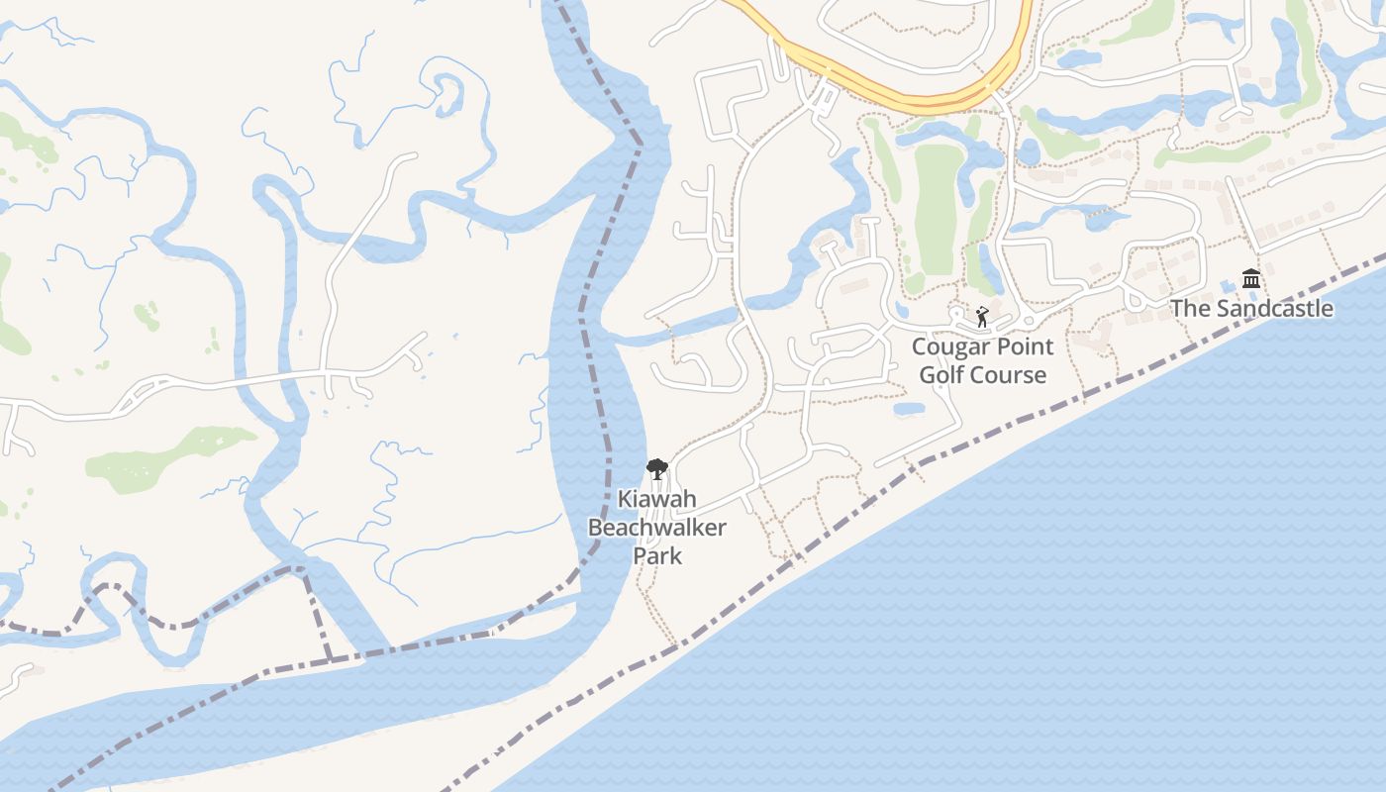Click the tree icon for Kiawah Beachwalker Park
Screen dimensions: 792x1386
pyautogui.click(x=655, y=469)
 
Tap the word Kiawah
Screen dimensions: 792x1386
pyautogui.click(x=656, y=499)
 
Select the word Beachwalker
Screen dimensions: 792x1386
pyautogui.click(x=656, y=527)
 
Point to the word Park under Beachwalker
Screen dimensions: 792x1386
pyautogui.click(x=657, y=555)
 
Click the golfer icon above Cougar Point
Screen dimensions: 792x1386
pyautogui.click(x=981, y=317)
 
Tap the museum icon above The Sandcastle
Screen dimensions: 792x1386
pyautogui.click(x=1251, y=278)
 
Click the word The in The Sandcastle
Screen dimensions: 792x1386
pyautogui.click(x=1191, y=308)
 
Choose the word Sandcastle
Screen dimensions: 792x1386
pyautogui.click(x=1275, y=308)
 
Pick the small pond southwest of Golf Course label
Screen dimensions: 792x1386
pyautogui.click(x=909, y=408)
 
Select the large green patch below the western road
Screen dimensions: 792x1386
pyautogui.click(x=168, y=457)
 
